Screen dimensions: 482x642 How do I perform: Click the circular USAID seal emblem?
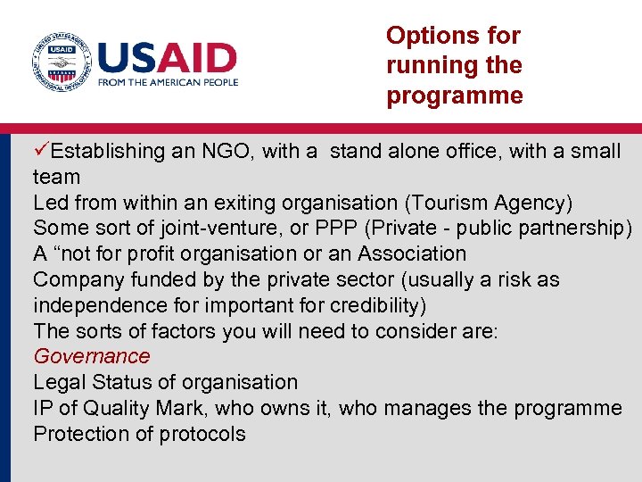coord(61,62)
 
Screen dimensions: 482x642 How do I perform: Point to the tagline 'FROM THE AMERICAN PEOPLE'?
coord(169,82)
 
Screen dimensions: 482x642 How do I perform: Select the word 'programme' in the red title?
coord(454,96)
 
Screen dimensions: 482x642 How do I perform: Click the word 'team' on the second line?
coord(56,178)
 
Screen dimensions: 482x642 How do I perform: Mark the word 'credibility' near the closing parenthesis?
coord(374,305)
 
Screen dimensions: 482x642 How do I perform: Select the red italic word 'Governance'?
coord(92,357)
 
